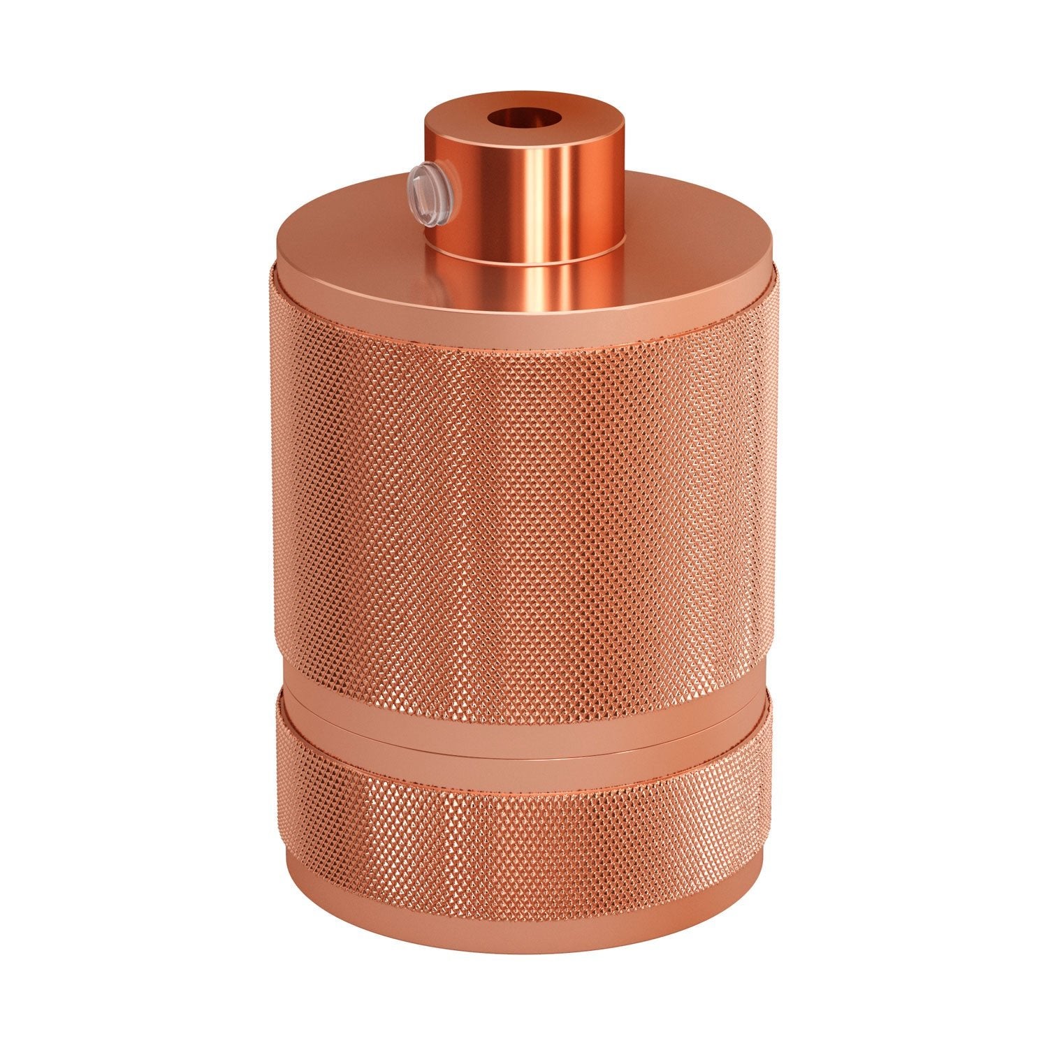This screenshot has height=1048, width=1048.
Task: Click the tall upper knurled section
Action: tap(524, 489)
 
